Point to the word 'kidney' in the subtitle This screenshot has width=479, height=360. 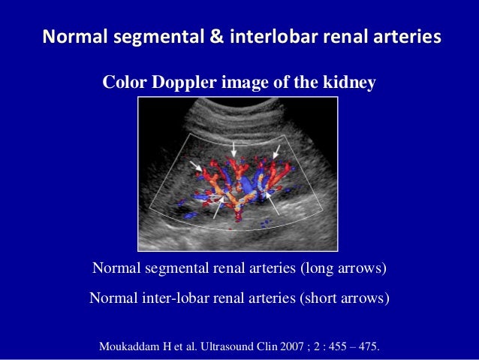tap(348, 83)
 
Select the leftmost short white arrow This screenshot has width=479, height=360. tap(195, 165)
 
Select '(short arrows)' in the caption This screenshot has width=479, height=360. tap(344, 297)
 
